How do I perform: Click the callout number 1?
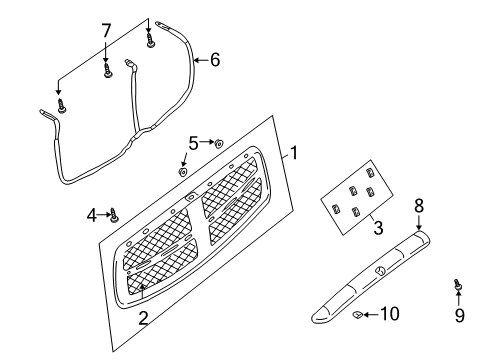click(293, 154)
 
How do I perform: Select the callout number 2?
click(143, 318)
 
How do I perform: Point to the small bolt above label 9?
click(458, 286)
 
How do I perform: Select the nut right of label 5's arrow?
click(219, 144)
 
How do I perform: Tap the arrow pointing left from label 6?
click(199, 61)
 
